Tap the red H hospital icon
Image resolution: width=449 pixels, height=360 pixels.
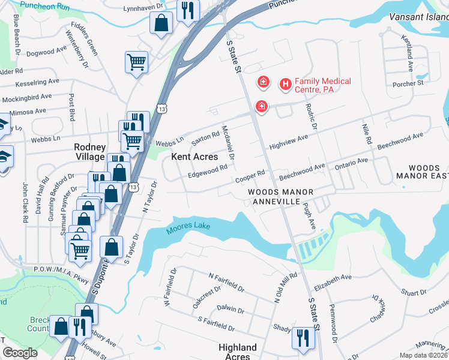285,85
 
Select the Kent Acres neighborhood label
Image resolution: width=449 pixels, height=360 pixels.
194,157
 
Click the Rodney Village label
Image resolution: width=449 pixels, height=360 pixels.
89,152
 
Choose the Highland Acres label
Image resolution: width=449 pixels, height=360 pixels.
238,352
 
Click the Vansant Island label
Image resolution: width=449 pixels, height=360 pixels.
418,17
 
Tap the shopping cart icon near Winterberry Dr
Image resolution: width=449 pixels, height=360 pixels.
137,62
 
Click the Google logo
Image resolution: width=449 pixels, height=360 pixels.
20,352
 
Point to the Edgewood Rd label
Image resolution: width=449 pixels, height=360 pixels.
207,171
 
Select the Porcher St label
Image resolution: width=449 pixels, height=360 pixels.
407,82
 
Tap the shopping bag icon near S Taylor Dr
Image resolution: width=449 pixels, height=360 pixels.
112,246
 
